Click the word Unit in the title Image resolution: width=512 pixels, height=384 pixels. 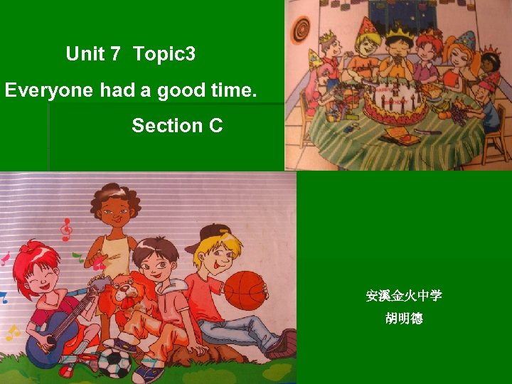(85, 53)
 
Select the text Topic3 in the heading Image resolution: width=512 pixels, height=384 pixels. (164, 53)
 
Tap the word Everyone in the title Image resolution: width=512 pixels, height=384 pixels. (49, 90)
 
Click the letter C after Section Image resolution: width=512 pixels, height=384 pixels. (215, 126)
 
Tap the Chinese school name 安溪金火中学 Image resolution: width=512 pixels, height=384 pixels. (403, 295)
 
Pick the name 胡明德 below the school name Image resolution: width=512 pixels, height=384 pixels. (403, 319)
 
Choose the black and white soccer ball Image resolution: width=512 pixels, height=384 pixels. (113, 362)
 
